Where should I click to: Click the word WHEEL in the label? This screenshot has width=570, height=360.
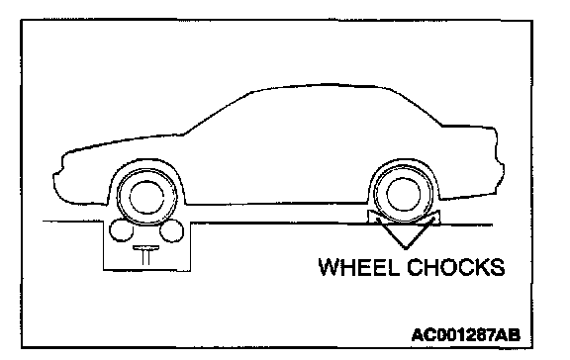358,267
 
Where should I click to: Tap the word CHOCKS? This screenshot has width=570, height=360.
456,267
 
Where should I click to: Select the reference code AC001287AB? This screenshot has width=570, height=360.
466,334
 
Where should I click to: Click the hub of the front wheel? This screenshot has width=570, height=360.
146,197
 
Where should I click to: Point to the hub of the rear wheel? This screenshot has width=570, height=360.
404,195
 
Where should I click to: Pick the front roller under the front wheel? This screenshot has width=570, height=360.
122,230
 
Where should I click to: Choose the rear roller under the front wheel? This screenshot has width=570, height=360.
172,230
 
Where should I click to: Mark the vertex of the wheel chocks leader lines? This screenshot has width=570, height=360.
406,249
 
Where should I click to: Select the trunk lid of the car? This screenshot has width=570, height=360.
469,128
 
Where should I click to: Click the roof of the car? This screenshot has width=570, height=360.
320,86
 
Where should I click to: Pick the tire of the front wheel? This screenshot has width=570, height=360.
146,171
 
